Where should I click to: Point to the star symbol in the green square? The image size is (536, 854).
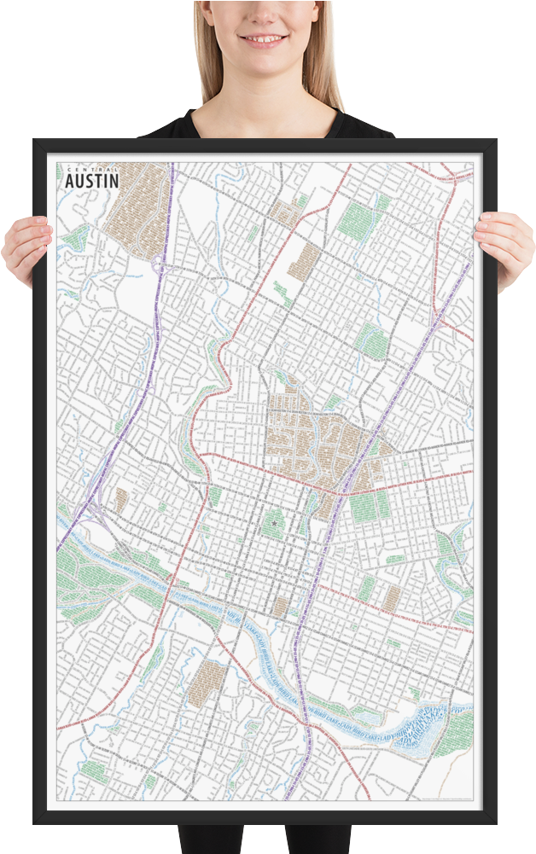tap(274, 520)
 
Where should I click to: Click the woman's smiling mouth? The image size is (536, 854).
tap(261, 38)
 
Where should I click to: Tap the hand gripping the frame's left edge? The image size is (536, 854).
tap(26, 247)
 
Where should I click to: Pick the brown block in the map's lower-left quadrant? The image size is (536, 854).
tap(207, 683)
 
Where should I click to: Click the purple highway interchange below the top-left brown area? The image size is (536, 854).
tap(159, 266)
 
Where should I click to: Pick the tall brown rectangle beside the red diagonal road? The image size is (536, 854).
tap(303, 262)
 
